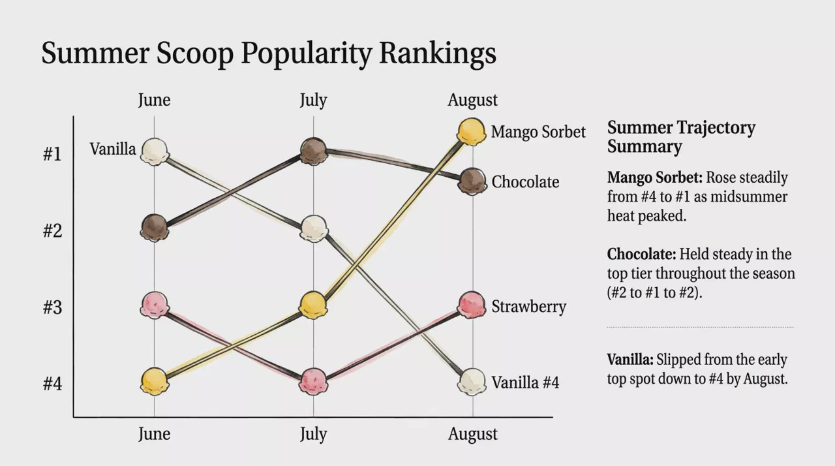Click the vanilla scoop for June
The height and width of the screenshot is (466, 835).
(x=155, y=151)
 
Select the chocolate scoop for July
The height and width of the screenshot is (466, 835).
(x=314, y=151)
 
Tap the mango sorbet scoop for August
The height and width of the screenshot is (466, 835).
(x=472, y=132)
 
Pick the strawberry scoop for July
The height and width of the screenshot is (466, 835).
(x=314, y=381)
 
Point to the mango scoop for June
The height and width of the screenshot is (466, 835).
(x=155, y=381)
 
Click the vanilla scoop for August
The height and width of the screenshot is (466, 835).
(x=472, y=382)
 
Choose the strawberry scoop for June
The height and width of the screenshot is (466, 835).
(x=155, y=305)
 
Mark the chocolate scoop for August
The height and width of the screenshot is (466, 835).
(x=472, y=181)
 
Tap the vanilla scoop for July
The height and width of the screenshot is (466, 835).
(x=314, y=228)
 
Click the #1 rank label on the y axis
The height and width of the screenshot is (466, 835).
(x=52, y=153)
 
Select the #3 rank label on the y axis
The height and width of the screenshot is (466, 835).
(x=52, y=307)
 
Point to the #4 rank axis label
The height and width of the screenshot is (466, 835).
(x=52, y=384)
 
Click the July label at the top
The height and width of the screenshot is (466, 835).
(x=314, y=100)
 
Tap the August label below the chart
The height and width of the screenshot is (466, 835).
(x=473, y=434)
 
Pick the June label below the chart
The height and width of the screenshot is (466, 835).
(x=155, y=433)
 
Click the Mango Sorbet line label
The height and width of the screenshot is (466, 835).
(x=538, y=132)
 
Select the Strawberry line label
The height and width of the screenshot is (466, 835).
(x=529, y=307)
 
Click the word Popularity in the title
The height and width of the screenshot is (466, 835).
(x=307, y=54)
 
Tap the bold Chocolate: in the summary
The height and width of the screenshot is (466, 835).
(x=641, y=255)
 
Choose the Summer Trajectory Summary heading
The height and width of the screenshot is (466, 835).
(x=681, y=137)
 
